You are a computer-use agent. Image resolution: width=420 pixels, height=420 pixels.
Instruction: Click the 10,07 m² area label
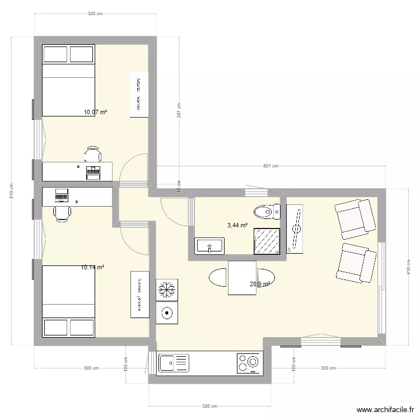coord(95,112)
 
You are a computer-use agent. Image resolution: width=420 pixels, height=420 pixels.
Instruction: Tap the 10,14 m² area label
coord(92,268)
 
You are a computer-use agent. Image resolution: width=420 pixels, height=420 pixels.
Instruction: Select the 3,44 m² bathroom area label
coord(237,225)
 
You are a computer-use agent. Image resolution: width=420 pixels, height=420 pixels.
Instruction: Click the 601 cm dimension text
coord(271,166)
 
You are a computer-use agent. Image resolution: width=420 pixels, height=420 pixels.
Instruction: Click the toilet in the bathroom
coord(267,211)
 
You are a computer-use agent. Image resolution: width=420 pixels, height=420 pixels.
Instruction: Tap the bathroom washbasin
coord(209,245)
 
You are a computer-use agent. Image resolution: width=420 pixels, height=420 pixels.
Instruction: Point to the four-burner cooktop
coord(249,363)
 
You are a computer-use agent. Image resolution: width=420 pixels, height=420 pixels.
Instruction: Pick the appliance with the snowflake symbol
coord(167,290)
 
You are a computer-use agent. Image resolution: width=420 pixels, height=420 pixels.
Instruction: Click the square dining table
coord(242,277)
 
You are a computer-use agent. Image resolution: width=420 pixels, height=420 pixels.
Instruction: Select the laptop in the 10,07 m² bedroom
coord(92,172)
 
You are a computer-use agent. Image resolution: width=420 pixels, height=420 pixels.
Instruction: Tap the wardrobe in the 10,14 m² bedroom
coord(140,295)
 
